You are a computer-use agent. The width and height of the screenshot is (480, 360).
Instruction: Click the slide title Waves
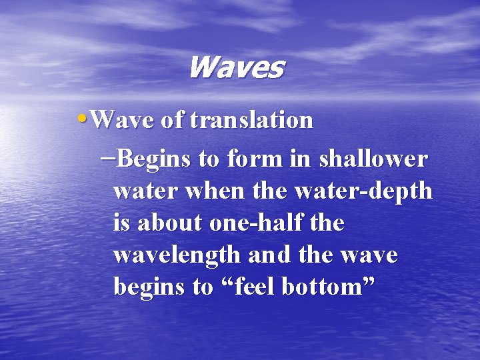(x=236, y=67)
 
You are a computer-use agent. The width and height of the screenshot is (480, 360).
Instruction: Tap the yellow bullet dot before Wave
(x=82, y=117)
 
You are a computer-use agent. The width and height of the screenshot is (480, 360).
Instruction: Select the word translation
(x=251, y=121)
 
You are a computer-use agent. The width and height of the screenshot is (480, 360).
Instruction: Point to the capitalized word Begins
(x=155, y=161)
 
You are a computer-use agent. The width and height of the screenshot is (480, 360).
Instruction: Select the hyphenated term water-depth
(x=363, y=192)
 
